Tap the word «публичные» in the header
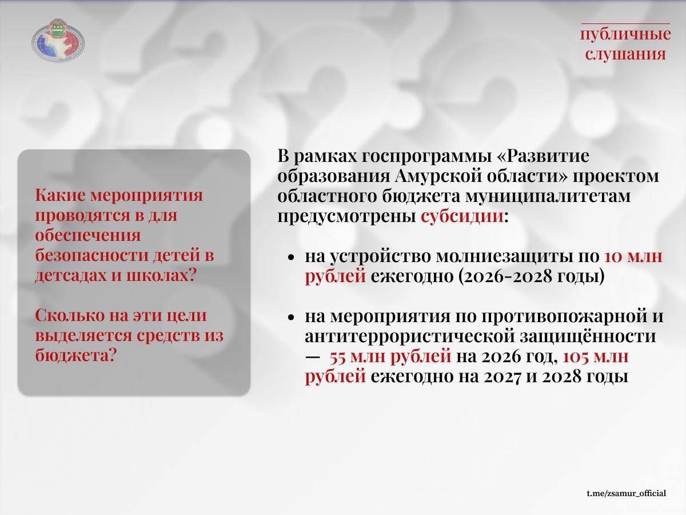tap(625, 34)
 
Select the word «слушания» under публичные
tap(625, 53)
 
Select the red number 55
tap(338, 357)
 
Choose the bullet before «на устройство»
tap(291, 257)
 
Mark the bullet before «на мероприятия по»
tap(291, 317)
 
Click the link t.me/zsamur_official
tap(626, 493)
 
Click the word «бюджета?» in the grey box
tap(75, 355)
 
